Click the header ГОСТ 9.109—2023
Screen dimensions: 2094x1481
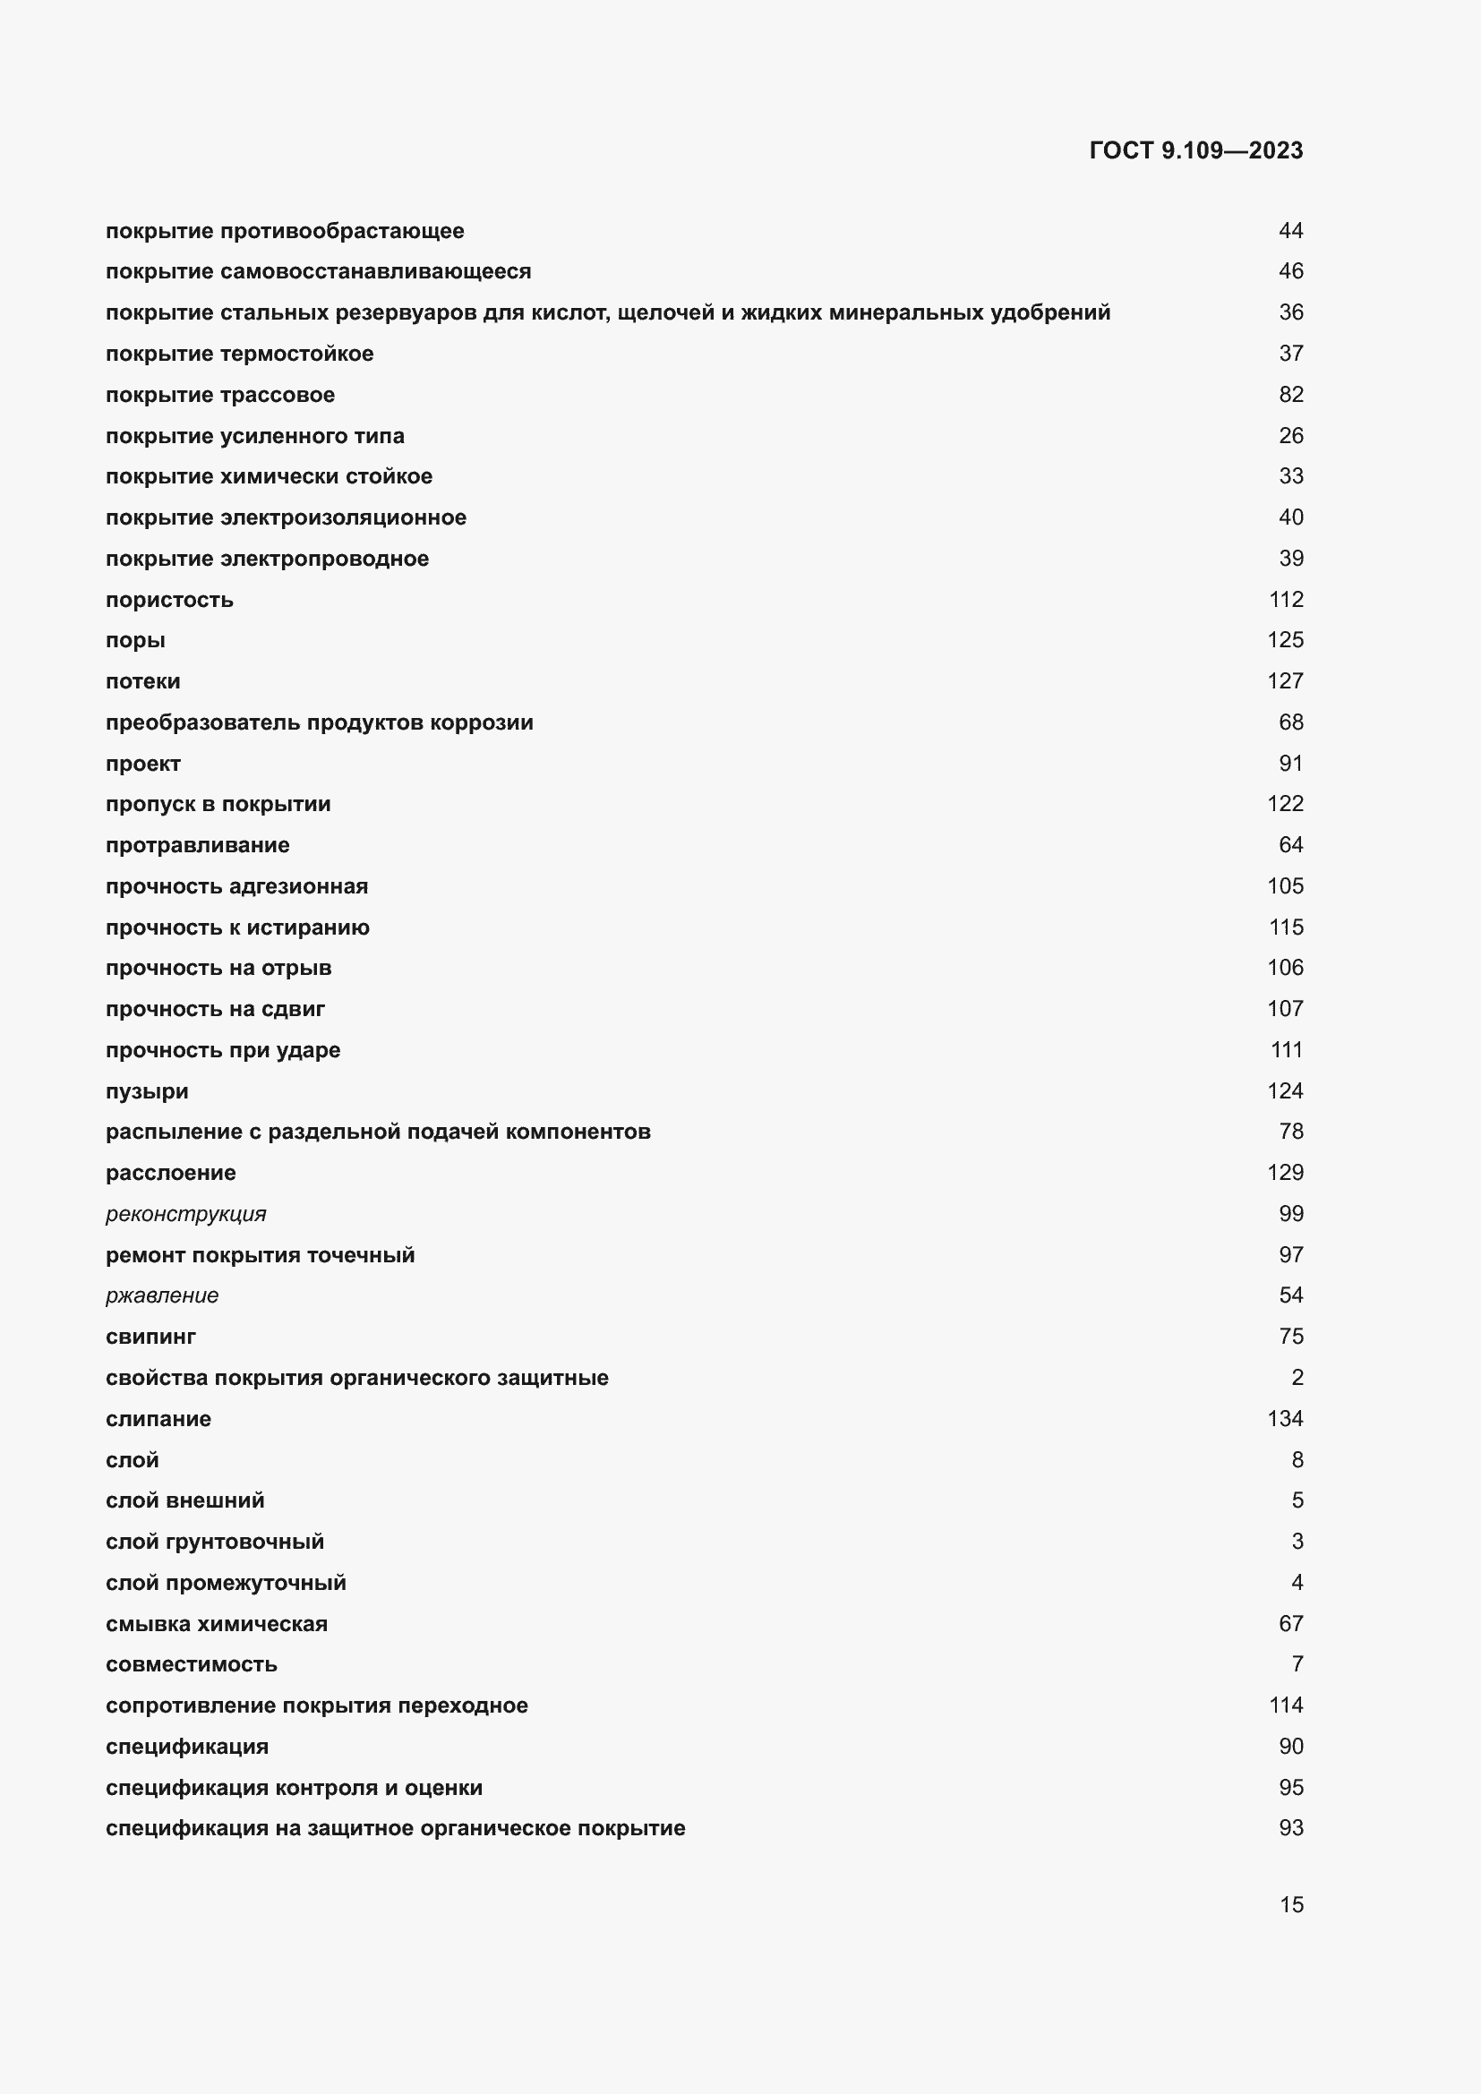click(1195, 150)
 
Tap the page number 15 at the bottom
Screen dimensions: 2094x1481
click(1291, 1904)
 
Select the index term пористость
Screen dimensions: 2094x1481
click(169, 600)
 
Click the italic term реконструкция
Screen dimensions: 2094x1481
click(186, 1214)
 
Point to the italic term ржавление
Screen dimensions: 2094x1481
click(162, 1295)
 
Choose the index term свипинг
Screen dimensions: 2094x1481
click(150, 1336)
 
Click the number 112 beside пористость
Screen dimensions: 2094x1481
click(1286, 599)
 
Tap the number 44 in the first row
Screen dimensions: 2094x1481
click(1290, 231)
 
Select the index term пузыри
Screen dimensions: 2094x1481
click(147, 1090)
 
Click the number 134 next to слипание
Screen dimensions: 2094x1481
click(1286, 1418)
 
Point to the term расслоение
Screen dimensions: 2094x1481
click(170, 1173)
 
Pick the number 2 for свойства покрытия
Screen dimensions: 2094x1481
click(1297, 1377)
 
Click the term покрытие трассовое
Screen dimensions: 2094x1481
click(219, 395)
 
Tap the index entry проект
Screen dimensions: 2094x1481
click(143, 764)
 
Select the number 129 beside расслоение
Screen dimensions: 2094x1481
click(1286, 1172)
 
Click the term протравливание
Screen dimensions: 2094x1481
click(198, 845)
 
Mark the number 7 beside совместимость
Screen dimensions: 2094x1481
click(1297, 1663)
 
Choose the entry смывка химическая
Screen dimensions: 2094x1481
click(216, 1623)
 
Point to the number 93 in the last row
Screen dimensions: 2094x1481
click(1290, 1828)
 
